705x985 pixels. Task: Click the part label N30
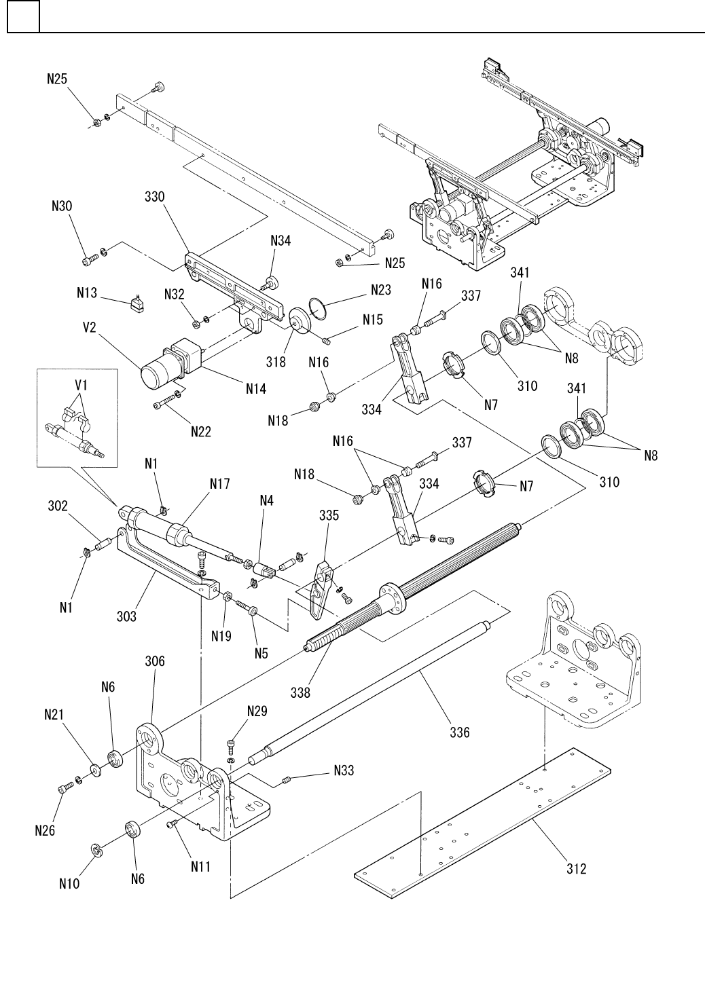[x=62, y=206]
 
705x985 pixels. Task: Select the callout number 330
[x=154, y=197]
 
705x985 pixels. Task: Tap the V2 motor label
[x=90, y=328]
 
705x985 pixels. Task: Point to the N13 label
[x=87, y=293]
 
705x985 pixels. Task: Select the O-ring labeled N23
[x=318, y=306]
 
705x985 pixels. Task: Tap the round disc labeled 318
[x=301, y=322]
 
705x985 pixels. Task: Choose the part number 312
[x=576, y=869]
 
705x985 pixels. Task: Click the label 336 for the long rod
[x=460, y=732]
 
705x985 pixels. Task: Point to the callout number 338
[x=300, y=692]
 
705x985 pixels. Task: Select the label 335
[x=329, y=515]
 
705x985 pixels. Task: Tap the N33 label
[x=344, y=770]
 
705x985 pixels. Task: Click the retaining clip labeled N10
[x=96, y=850]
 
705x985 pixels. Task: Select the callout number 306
[x=155, y=661]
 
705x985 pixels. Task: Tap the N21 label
[x=54, y=715]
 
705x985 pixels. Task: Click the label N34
[x=281, y=240]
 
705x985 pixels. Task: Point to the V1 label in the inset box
[x=81, y=386]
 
